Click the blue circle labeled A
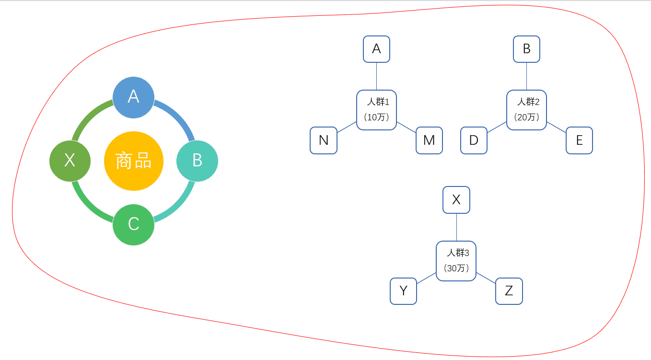(133, 97)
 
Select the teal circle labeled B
(197, 161)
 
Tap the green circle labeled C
(133, 224)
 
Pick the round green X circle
(70, 161)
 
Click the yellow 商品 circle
(134, 161)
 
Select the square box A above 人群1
(376, 49)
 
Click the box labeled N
(324, 140)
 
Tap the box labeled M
(429, 140)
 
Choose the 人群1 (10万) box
(376, 110)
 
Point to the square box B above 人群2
(526, 49)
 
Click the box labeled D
(474, 140)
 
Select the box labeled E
(579, 140)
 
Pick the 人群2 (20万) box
(526, 110)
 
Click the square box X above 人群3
(456, 200)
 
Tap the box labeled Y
(403, 291)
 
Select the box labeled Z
(509, 291)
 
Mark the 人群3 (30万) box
(456, 261)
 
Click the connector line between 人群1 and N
(347, 128)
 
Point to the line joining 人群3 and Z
(486, 278)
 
